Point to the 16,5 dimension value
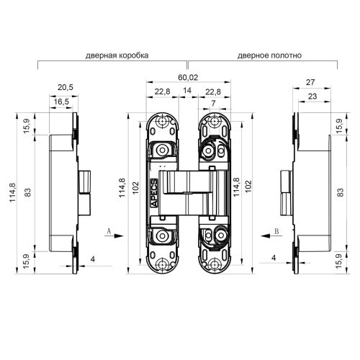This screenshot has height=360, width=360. point(62,102)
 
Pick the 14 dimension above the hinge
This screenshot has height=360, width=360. point(188,91)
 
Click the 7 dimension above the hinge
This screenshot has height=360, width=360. point(214,105)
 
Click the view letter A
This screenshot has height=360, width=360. point(107,231)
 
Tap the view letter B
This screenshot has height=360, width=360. point(276,231)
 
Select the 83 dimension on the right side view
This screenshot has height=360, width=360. point(339,192)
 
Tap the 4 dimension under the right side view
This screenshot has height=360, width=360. point(274,258)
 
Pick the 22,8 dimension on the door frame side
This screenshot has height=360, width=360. point(162,91)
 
